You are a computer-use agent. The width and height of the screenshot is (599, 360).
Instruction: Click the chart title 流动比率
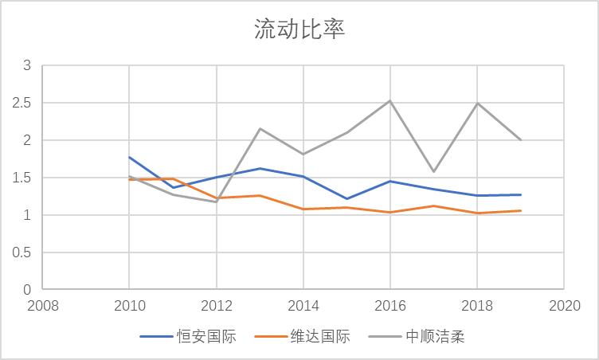point(299,29)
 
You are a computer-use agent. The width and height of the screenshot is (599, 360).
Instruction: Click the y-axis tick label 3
point(26,65)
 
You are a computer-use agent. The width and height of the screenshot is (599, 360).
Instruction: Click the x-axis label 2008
point(42,306)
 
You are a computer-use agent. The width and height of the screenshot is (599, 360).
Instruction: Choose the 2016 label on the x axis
point(390,306)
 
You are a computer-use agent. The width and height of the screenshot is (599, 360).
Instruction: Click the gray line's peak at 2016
point(390,100)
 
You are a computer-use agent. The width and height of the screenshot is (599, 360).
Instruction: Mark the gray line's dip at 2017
point(434,171)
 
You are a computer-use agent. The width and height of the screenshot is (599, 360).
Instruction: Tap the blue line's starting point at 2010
point(129,157)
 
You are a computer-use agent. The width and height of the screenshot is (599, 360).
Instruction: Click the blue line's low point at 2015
point(346,198)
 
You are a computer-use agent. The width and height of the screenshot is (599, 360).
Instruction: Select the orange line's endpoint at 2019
point(521,210)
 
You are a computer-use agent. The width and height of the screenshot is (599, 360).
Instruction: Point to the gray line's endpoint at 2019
point(521,139)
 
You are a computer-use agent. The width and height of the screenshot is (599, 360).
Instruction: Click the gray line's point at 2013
point(260,128)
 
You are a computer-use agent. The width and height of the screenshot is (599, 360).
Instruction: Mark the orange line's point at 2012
point(216,198)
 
